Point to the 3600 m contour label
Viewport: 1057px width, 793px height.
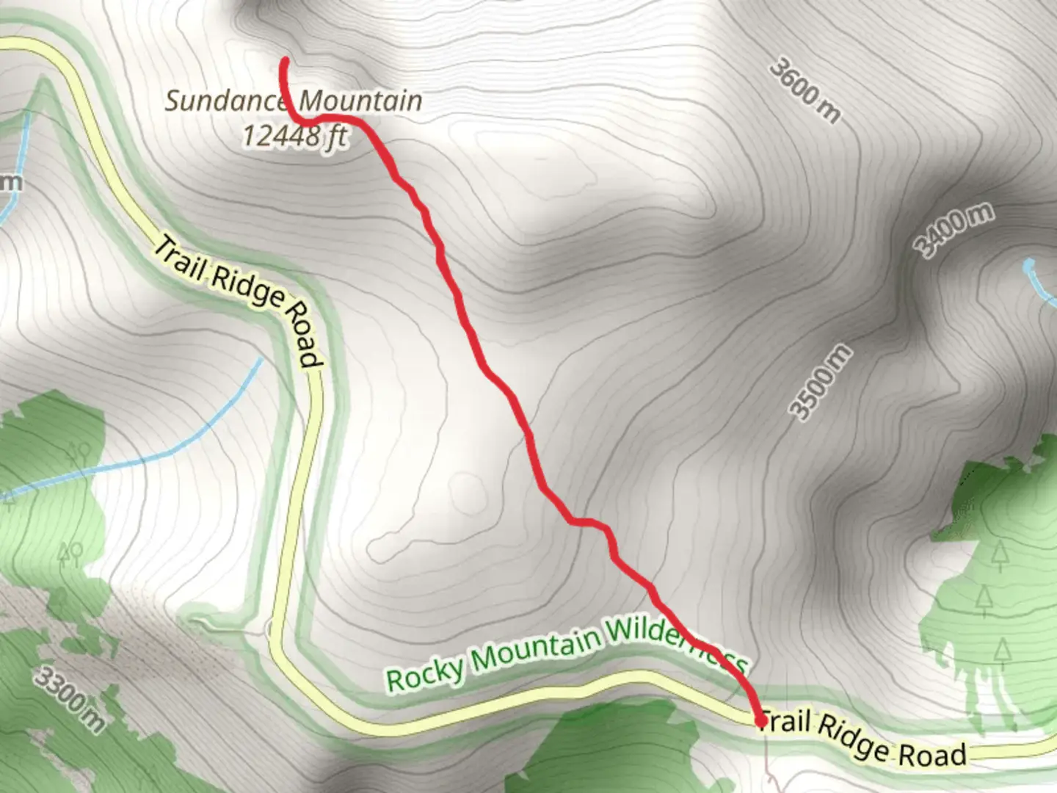coord(805,90)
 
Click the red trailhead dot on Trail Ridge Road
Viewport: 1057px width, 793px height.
coord(761,722)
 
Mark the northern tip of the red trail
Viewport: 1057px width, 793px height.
coord(283,62)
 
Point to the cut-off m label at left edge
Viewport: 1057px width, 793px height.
coord(10,181)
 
